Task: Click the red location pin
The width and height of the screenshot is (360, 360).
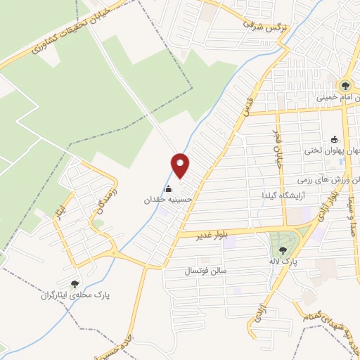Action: point(181,165)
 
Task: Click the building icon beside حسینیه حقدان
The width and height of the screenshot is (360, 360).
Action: point(168,188)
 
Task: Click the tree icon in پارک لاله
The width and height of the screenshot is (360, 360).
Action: point(283,250)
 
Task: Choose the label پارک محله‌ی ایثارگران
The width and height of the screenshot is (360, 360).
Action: point(75,296)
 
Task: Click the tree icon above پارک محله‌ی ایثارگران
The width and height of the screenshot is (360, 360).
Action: point(75,284)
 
